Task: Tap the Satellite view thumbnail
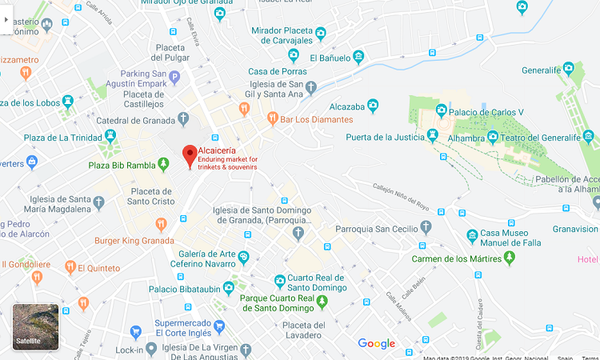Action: pos(35,326)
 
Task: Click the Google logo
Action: pos(376,343)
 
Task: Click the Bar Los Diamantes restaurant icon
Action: pos(273,119)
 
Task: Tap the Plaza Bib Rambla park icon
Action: pos(164,165)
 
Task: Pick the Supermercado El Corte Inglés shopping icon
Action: pos(136,332)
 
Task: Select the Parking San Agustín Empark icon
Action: pos(174,77)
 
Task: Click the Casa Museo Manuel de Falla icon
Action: pos(473,237)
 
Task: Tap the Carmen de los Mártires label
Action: pos(456,259)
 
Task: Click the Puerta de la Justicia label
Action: pos(383,137)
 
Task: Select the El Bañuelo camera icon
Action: pos(358,58)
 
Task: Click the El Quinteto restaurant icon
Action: pos(70,268)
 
